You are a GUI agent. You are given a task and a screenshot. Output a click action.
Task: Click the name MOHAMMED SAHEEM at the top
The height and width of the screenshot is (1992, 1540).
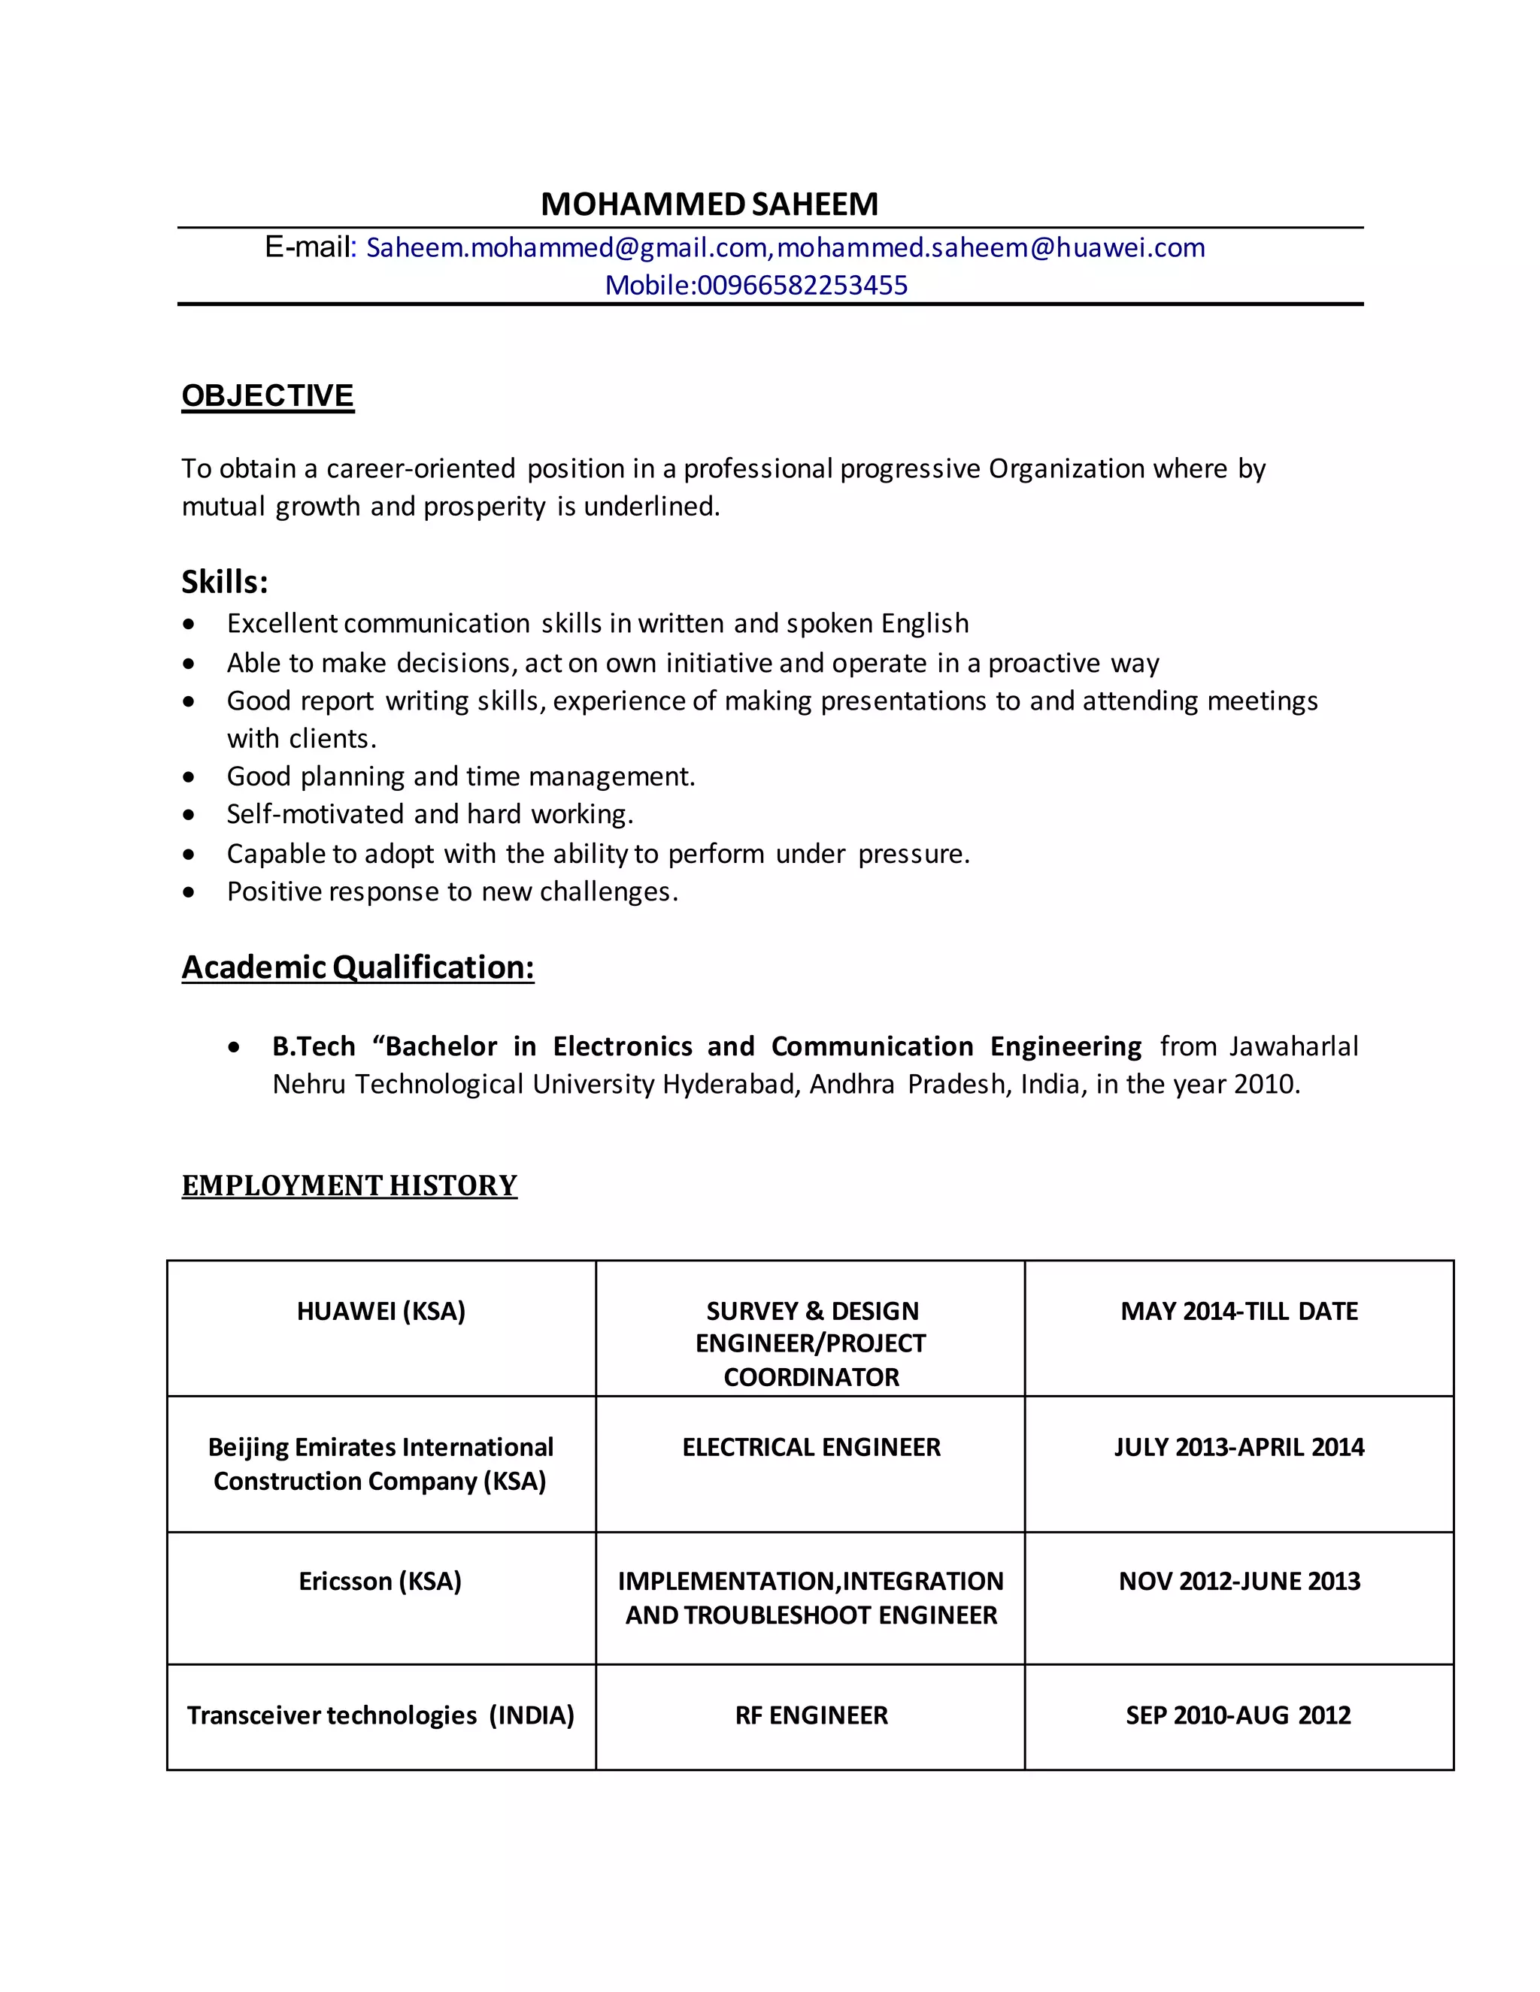(709, 204)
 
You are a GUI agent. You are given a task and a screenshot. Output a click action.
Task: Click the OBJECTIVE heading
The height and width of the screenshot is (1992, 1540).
(267, 396)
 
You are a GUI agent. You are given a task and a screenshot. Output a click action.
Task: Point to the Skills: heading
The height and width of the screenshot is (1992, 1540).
(224, 582)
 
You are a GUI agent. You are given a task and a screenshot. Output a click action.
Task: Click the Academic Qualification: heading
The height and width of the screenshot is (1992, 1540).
(358, 967)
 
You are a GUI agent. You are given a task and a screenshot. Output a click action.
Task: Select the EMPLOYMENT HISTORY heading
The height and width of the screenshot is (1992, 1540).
(350, 1185)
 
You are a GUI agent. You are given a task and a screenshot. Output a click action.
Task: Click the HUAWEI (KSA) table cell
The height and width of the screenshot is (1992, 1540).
(380, 1312)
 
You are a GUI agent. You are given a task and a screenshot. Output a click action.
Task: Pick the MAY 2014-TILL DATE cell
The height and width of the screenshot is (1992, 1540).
(1239, 1312)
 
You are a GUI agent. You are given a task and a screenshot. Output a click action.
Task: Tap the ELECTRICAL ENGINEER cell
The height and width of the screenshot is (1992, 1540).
(810, 1448)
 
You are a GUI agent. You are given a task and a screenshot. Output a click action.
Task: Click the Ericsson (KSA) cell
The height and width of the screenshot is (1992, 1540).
(380, 1581)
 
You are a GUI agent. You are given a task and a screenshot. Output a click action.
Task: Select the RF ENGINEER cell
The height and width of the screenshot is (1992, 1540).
(810, 1715)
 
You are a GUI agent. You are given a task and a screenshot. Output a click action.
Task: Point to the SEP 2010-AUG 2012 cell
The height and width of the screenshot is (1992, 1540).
(1238, 1715)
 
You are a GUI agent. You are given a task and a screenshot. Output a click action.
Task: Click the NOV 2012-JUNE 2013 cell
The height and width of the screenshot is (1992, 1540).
(1239, 1581)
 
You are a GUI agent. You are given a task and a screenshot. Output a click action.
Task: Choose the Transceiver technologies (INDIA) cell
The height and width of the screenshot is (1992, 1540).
(380, 1715)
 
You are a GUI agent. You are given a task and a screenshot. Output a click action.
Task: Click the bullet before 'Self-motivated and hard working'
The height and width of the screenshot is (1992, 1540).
(189, 815)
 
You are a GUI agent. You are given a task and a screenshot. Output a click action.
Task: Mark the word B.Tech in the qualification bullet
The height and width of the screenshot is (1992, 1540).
(313, 1046)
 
